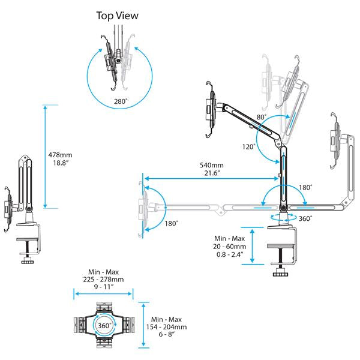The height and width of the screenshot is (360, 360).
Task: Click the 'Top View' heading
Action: (118, 15)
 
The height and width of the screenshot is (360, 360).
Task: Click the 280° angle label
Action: (120, 102)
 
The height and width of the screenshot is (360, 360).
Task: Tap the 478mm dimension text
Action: (60, 155)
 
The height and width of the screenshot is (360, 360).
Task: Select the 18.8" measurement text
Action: (59, 163)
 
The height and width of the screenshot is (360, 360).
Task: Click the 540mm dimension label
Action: (212, 165)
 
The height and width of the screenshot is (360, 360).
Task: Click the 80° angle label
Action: (261, 117)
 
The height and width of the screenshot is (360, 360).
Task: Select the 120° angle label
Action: (249, 146)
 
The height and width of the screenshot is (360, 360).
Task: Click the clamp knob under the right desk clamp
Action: (280, 274)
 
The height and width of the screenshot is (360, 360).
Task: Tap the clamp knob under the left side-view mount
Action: (26, 262)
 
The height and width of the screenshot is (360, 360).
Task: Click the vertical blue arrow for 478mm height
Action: (46, 156)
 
